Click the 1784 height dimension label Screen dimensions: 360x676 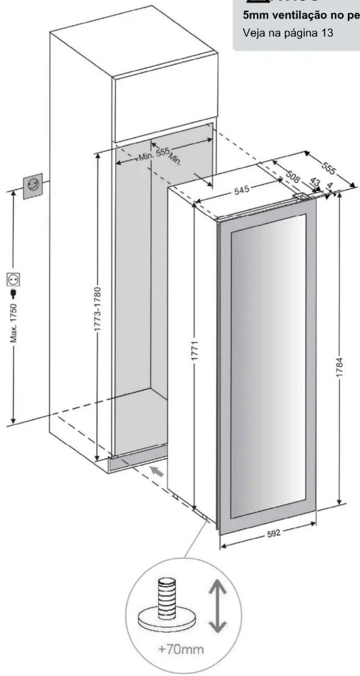tap(340, 366)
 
